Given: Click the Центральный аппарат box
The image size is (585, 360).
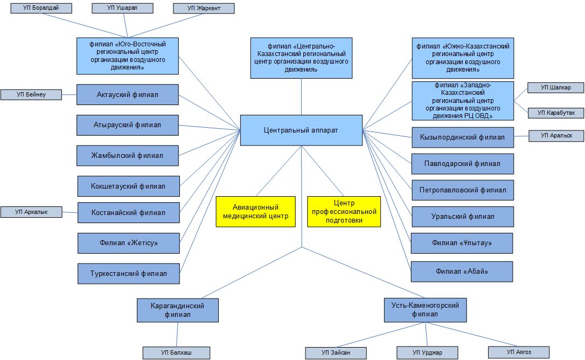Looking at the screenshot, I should coord(301,130).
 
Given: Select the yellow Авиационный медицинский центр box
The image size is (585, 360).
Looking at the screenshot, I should coord(255,211).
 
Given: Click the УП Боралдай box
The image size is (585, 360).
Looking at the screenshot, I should coord(41,8).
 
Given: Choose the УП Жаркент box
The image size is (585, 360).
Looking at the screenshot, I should coord(204,8).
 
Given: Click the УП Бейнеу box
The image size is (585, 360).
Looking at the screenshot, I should coord(31,95).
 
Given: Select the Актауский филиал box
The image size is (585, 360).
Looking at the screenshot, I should coord(128,95).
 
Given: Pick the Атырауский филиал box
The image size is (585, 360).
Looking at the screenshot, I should coord(128,125).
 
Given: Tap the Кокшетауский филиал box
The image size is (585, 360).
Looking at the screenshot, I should coord(128,186).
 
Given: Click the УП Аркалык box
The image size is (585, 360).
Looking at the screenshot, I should coord(31,212).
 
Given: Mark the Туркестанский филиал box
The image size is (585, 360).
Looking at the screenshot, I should coord(128,273).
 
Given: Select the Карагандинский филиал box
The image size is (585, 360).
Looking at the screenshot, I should coord(178,310).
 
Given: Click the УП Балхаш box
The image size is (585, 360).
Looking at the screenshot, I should coord(176,352).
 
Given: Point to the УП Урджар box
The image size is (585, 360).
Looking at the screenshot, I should coord(427,352).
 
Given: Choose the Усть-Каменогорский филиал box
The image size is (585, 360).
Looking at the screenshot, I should coord(424,310).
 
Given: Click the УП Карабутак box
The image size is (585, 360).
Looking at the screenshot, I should coord(556,113).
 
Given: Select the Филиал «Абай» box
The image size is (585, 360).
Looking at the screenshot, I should coord(462,271).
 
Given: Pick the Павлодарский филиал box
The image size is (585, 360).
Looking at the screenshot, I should coord(462,163).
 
